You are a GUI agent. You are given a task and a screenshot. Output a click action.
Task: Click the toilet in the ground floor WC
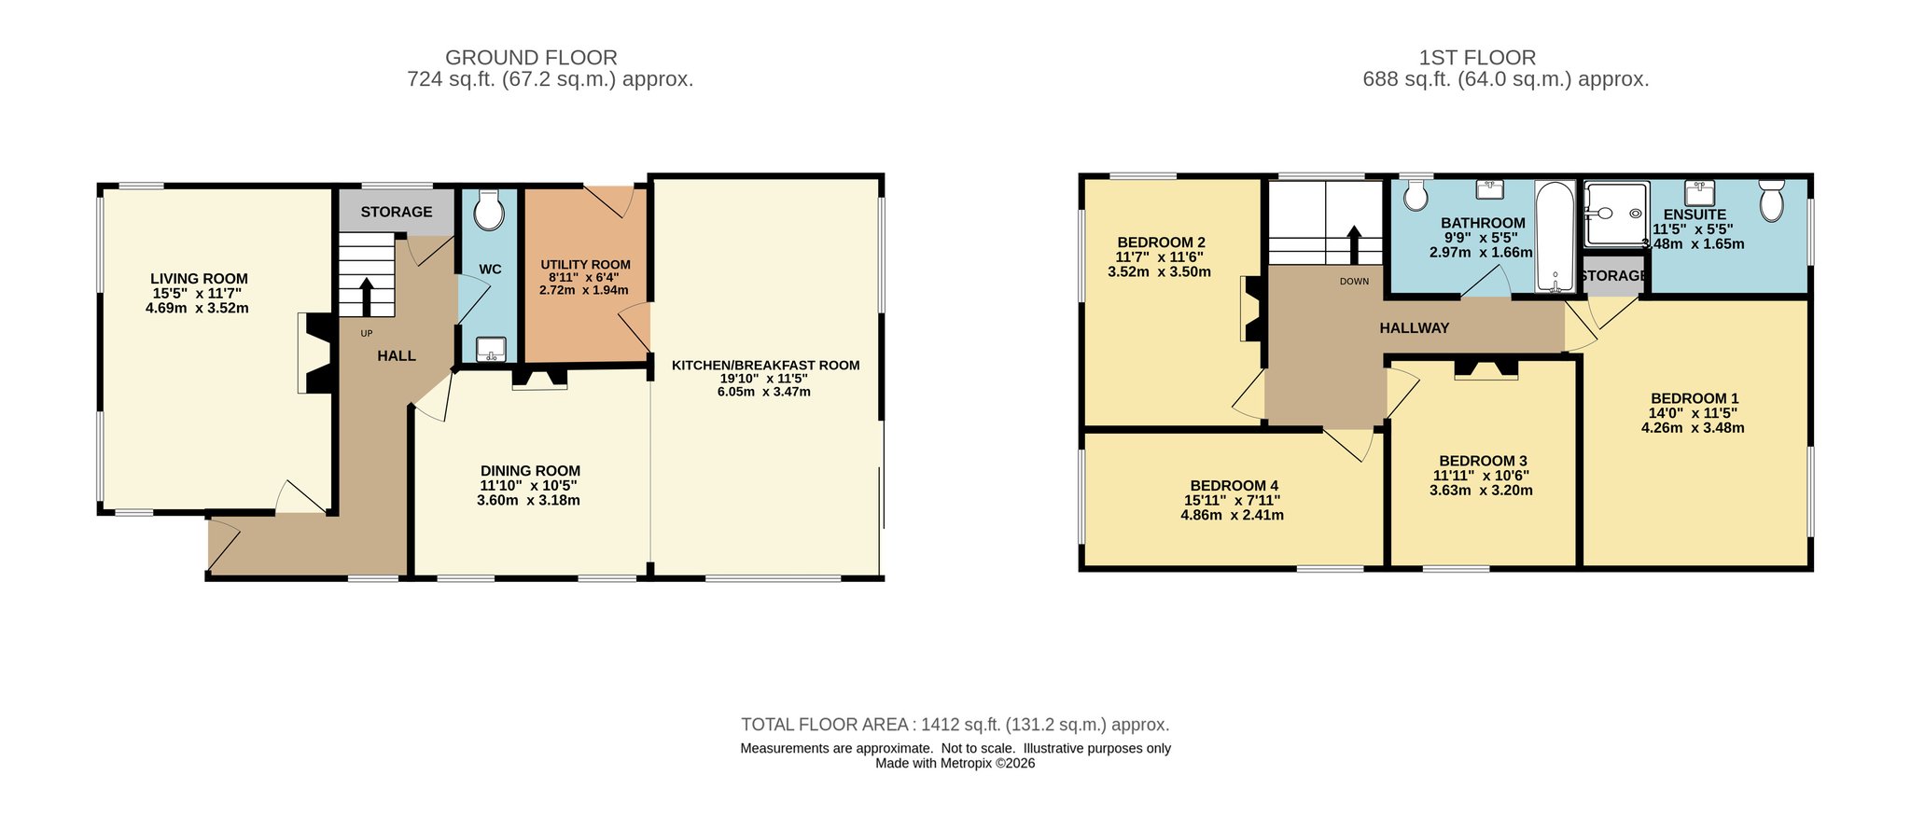coord(488,210)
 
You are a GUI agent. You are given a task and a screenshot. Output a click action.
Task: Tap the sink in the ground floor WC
coord(491,349)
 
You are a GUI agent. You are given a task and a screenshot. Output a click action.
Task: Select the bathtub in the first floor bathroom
coord(1555,237)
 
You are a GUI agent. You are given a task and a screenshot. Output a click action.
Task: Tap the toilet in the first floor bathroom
coord(1416,194)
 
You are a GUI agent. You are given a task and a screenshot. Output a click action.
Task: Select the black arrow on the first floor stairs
coord(1354,245)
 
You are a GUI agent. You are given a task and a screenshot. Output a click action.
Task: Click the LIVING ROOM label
coord(200,278)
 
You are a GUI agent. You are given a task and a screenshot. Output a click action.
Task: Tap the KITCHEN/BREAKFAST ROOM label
coord(765,366)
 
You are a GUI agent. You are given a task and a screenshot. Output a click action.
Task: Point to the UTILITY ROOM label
coord(585,265)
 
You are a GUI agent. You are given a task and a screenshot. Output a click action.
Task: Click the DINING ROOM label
coord(530,471)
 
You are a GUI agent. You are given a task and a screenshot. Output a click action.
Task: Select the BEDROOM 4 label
coord(1234,486)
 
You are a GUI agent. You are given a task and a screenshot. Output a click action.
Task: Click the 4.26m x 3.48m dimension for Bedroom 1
coord(1693,428)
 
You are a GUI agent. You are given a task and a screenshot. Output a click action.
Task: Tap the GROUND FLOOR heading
coord(531,58)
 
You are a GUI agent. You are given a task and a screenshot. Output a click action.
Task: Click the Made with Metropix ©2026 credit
coord(955,763)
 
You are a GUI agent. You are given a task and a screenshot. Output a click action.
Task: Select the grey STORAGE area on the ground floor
coord(397,213)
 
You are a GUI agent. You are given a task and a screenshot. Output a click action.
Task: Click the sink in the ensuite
coord(1699,193)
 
